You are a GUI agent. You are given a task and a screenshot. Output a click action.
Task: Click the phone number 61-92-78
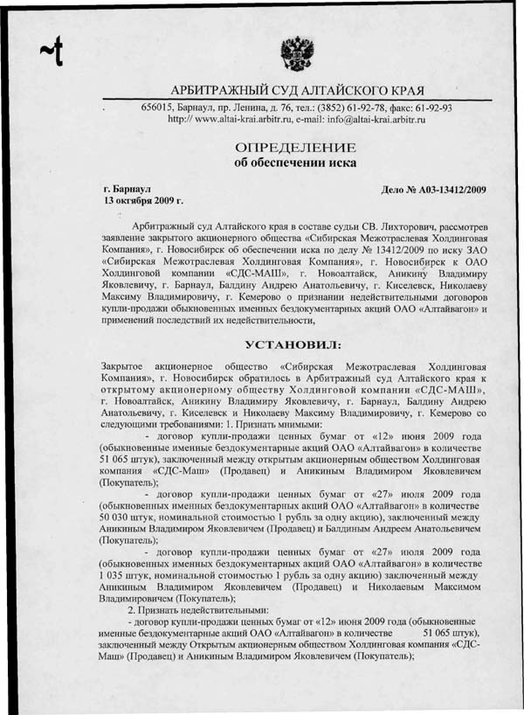point(361,108)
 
